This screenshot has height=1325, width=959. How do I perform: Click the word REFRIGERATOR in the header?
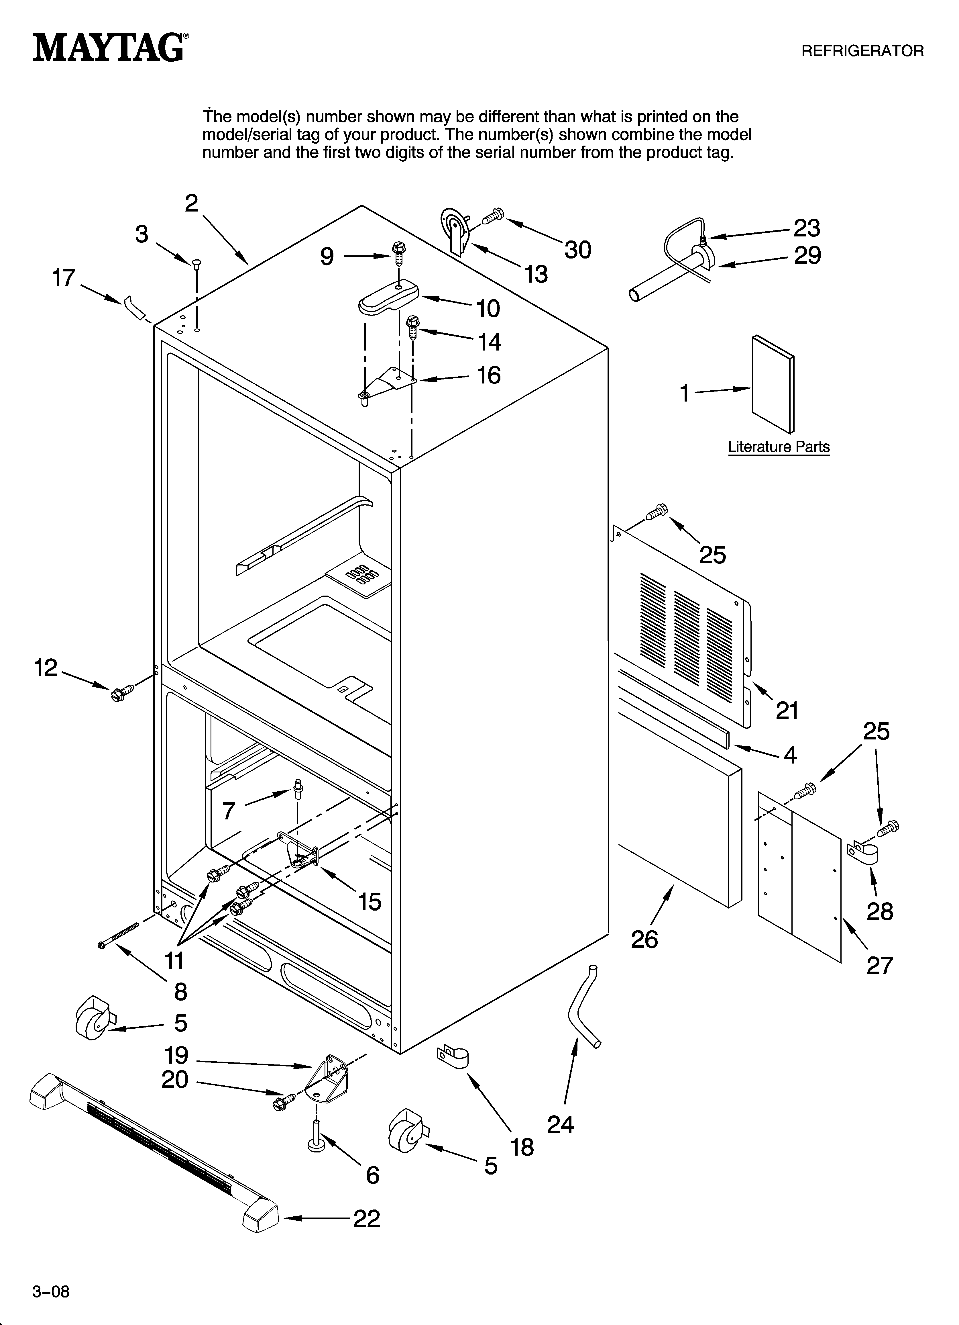pyautogui.click(x=862, y=51)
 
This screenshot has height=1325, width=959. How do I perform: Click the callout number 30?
pyautogui.click(x=578, y=250)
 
